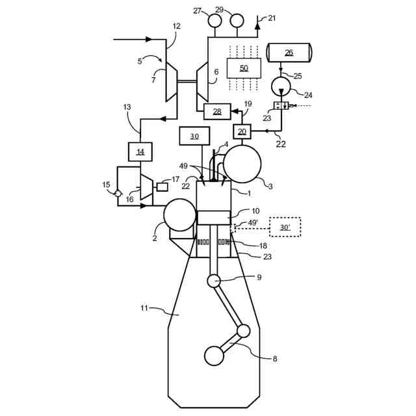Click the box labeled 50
click(244, 68)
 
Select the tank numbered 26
click(289, 53)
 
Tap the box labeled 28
click(217, 111)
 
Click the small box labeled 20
click(242, 131)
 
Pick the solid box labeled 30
click(194, 136)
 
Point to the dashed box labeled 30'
click(285, 226)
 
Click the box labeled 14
click(140, 152)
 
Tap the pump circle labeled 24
click(282, 86)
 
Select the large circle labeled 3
click(242, 164)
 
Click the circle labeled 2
click(179, 215)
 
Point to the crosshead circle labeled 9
click(214, 280)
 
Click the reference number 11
click(145, 307)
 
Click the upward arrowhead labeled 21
click(257, 25)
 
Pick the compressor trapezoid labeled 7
click(171, 81)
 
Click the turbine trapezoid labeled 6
click(202, 81)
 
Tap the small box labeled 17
click(162, 187)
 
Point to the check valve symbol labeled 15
click(118, 193)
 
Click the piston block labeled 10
click(213, 218)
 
